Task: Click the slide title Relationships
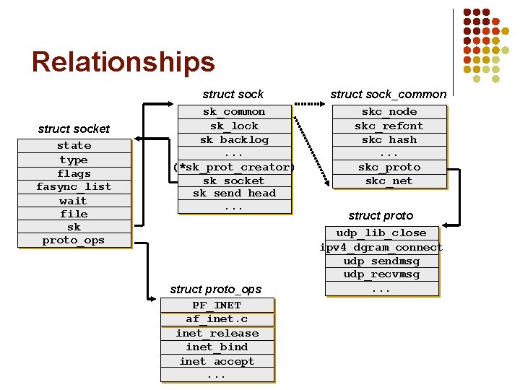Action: [x=123, y=62]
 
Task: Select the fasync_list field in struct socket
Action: [x=74, y=186]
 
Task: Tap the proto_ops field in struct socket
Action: [x=74, y=240]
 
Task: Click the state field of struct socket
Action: [x=74, y=146]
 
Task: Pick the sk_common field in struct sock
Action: [x=234, y=112]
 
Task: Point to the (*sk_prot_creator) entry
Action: [x=234, y=167]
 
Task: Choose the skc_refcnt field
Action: [x=389, y=126]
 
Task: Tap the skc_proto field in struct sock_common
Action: [x=389, y=167]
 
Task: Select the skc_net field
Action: [x=389, y=181]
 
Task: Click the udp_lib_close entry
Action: [x=381, y=233]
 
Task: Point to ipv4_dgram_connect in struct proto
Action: [x=381, y=247]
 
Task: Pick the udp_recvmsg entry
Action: [x=381, y=274]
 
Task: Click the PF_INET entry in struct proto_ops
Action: [x=217, y=305]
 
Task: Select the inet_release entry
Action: [x=217, y=333]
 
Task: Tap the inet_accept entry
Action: [x=217, y=361]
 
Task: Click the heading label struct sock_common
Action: [x=389, y=94]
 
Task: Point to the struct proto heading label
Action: [x=381, y=215]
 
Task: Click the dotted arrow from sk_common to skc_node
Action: [x=311, y=105]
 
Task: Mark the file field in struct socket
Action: [x=74, y=214]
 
